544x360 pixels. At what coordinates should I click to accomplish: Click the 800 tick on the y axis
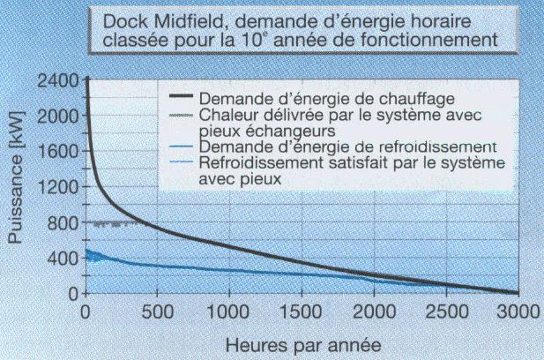58,222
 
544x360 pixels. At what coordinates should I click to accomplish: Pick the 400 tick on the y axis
58,258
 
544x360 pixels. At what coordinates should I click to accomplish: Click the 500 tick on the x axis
157,311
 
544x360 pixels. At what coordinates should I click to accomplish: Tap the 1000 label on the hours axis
228,311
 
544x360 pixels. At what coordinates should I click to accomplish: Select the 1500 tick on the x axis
302,311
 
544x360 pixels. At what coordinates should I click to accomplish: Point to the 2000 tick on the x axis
374,311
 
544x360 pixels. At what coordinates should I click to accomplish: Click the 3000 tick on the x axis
518,311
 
